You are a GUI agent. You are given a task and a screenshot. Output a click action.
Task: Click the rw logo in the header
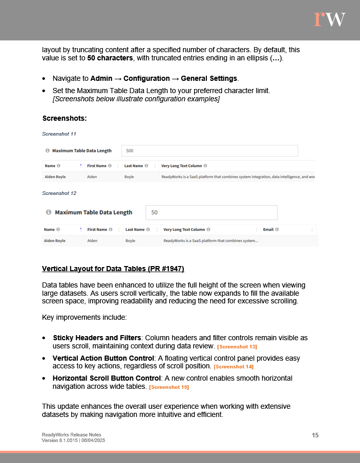[329, 19]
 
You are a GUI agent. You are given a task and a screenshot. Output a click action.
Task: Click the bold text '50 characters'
[111, 58]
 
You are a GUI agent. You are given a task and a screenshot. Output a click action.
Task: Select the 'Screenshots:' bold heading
[65, 118]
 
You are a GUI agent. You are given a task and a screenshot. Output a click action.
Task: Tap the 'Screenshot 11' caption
[59, 134]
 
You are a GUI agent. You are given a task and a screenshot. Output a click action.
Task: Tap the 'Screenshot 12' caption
[59, 193]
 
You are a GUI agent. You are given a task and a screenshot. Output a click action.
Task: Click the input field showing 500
[209, 151]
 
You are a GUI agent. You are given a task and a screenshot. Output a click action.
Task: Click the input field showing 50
[211, 212]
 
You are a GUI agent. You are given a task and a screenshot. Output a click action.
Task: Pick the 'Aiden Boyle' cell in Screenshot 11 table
[55, 177]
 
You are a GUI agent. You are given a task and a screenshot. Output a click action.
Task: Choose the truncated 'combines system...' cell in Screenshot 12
[210, 240]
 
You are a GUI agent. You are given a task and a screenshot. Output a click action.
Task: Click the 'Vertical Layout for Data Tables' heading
[113, 269]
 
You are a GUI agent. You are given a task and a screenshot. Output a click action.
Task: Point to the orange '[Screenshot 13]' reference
[237, 347]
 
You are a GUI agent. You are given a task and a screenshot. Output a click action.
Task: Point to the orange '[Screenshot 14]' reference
[234, 367]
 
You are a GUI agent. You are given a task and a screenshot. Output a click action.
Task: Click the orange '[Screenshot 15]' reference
[169, 387]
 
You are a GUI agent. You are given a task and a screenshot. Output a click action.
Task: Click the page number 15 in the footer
[315, 435]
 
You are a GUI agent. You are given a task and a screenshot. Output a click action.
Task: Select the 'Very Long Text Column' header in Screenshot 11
[182, 166]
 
